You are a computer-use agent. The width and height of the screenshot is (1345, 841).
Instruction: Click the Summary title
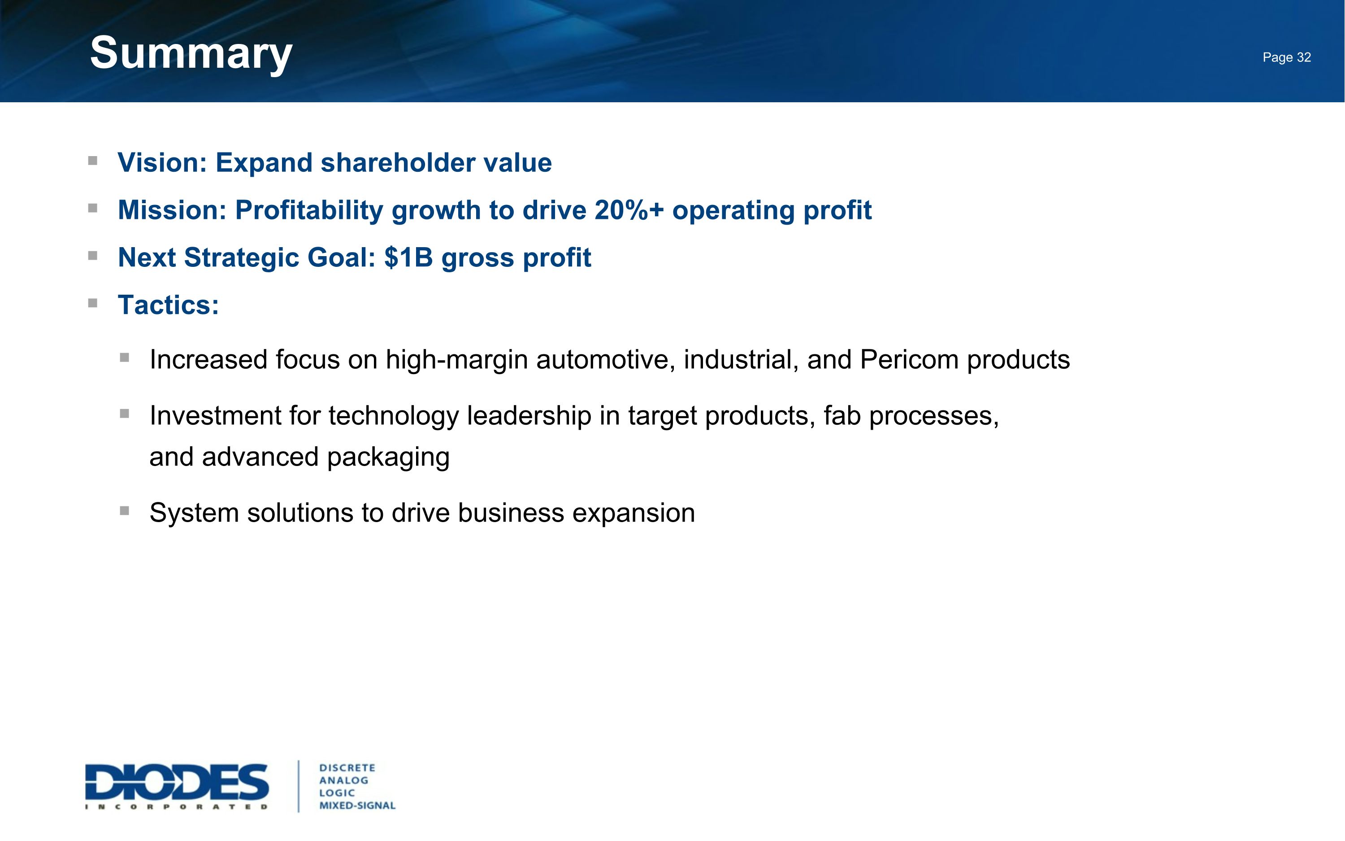pyautogui.click(x=191, y=53)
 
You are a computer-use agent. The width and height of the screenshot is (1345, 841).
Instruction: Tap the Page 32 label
pyautogui.click(x=1286, y=57)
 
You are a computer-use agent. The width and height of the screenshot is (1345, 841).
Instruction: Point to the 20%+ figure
pyautogui.click(x=629, y=210)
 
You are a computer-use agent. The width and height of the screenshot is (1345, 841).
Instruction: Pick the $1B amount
pyautogui.click(x=408, y=257)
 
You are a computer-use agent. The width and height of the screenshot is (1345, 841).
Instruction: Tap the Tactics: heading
pyautogui.click(x=169, y=305)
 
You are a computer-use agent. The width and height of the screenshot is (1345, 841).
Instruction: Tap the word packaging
pyautogui.click(x=388, y=457)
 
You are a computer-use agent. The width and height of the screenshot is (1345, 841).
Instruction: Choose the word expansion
pyautogui.click(x=633, y=513)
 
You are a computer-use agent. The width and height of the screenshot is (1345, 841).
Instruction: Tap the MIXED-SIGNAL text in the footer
pyautogui.click(x=357, y=806)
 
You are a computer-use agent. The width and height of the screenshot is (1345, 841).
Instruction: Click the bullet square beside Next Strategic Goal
pyautogui.click(x=93, y=256)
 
